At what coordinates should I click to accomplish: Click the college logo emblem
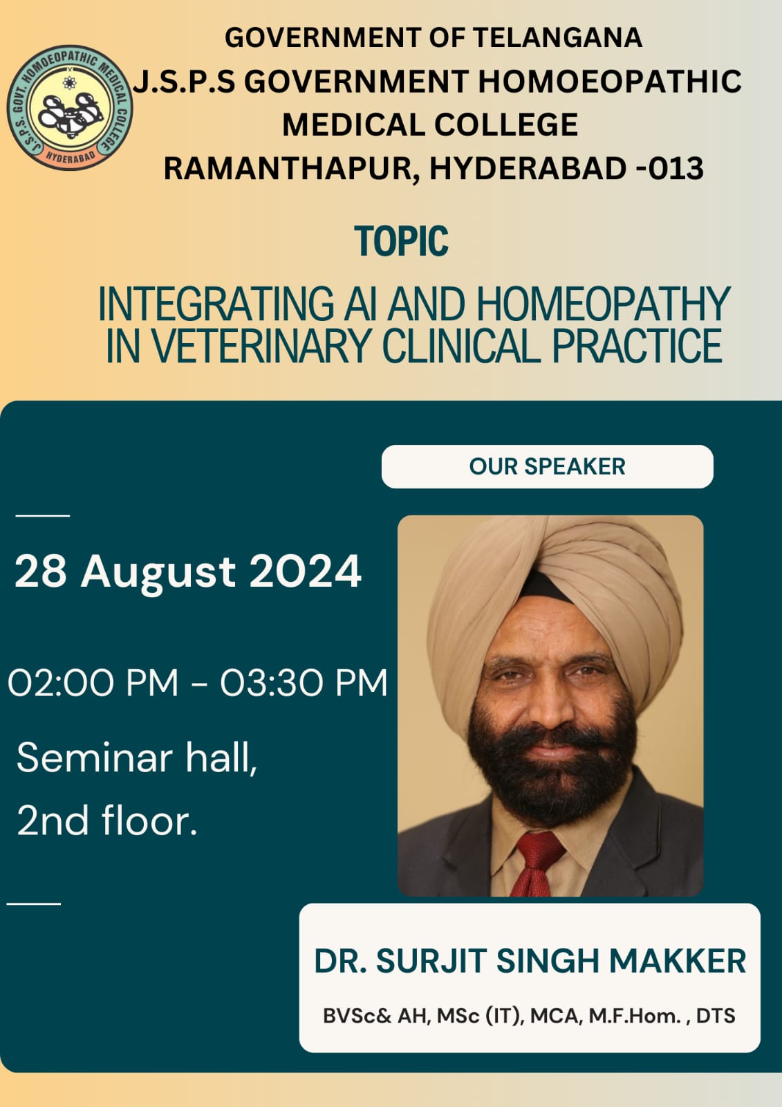click(70, 107)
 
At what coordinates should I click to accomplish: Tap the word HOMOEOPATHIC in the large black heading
click(610, 81)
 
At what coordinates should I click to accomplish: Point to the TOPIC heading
click(401, 241)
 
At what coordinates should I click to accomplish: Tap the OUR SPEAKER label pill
click(548, 466)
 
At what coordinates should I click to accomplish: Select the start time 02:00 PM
click(93, 683)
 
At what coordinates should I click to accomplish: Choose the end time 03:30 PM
click(304, 683)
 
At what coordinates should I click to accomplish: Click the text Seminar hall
click(137, 758)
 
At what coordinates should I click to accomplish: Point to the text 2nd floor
click(107, 821)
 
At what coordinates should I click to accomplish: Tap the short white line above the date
click(42, 515)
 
